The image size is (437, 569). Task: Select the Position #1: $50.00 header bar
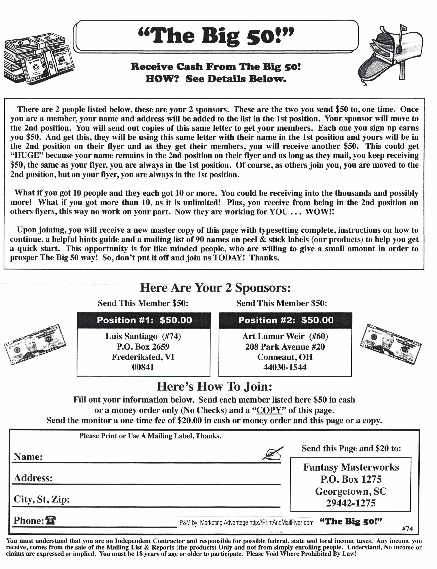tap(143, 320)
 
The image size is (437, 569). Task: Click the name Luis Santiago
tap(131, 337)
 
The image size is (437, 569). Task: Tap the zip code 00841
tap(143, 367)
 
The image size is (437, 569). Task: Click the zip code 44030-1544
tap(285, 367)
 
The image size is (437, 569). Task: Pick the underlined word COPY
tap(269, 410)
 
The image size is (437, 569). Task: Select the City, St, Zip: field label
tap(42, 499)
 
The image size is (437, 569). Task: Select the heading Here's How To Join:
tap(215, 387)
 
